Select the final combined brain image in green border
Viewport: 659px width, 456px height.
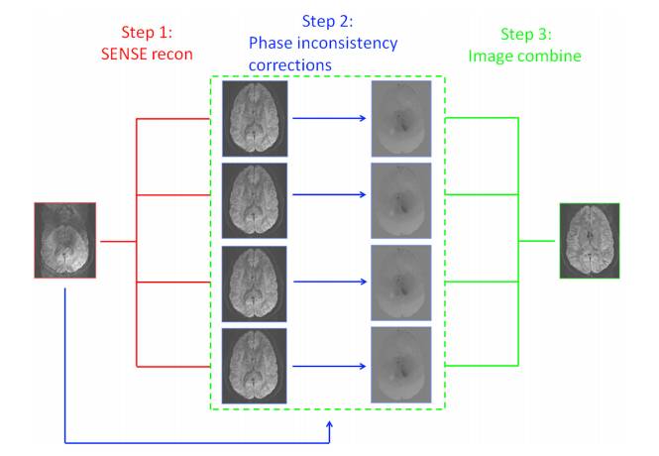[589, 239]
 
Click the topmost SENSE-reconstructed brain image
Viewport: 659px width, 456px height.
[255, 118]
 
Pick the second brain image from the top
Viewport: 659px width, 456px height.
[255, 199]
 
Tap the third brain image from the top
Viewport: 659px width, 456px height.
[255, 281]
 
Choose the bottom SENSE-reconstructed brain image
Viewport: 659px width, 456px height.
[255, 362]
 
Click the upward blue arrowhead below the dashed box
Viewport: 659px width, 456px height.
[330, 425]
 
